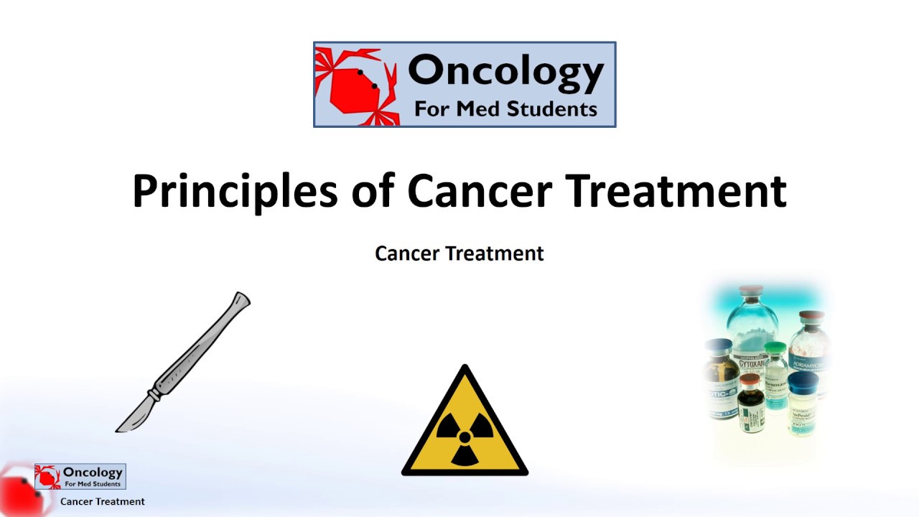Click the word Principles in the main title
point(234,191)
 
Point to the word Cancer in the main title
point(480,191)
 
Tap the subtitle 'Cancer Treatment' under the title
point(459,253)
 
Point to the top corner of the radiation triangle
point(465,369)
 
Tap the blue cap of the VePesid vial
point(802,379)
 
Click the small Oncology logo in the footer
point(80,476)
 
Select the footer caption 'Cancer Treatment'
point(103,502)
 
